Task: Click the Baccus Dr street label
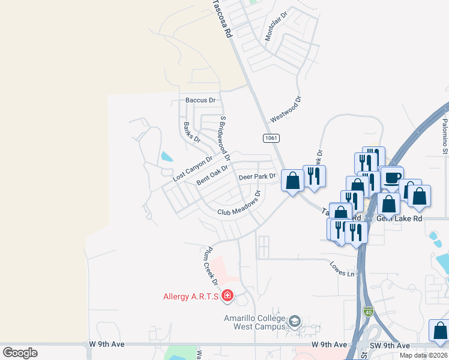200,100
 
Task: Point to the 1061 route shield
271,138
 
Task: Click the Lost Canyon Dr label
193,170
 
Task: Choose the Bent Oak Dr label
213,175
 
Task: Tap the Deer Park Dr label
256,177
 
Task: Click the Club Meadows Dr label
239,205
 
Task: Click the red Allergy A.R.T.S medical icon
228,295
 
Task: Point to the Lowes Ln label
342,268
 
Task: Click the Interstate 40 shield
368,311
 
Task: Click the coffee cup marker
392,178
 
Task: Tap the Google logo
20,353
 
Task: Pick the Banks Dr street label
191,132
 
